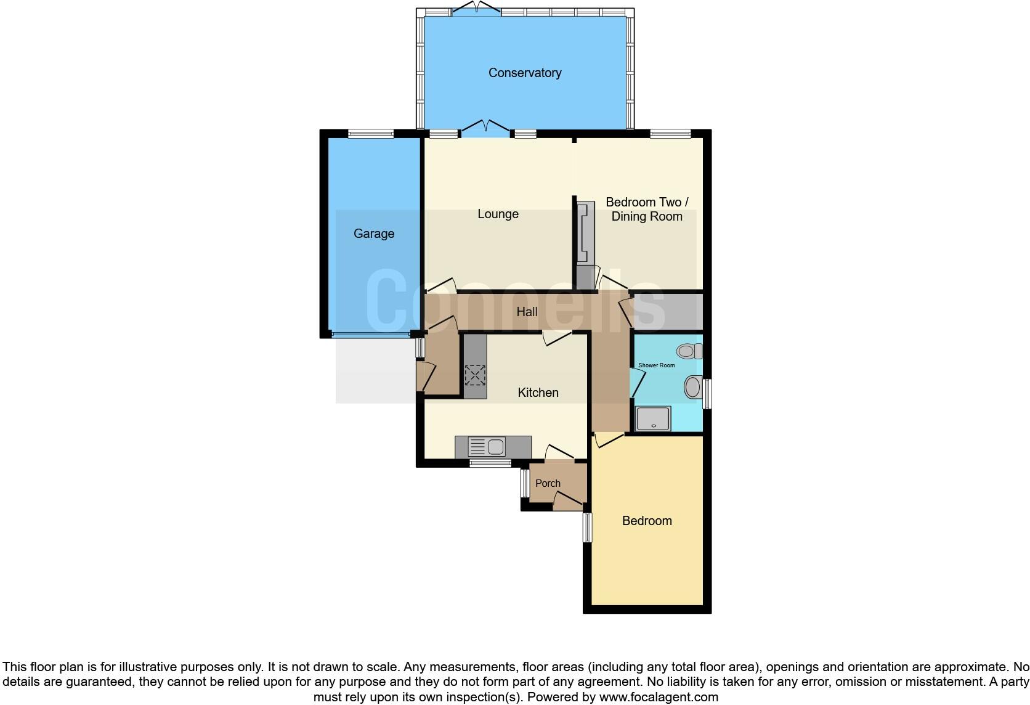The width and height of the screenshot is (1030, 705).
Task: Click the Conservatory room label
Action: click(525, 73)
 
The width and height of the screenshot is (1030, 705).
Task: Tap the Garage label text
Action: click(374, 234)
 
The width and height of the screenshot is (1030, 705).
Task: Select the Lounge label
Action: click(498, 214)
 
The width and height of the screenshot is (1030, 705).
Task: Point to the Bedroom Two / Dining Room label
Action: click(647, 209)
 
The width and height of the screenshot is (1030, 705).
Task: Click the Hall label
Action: click(527, 312)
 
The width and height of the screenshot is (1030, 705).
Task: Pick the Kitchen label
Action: click(538, 393)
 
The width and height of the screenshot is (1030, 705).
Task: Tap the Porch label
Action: click(548, 483)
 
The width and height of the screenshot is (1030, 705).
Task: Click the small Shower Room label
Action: click(656, 365)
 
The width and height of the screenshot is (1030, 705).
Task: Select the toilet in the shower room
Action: click(689, 351)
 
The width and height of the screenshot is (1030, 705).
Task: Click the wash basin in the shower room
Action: click(693, 388)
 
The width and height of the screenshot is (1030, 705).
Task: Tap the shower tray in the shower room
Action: click(653, 419)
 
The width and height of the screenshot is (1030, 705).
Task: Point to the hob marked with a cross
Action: click(475, 375)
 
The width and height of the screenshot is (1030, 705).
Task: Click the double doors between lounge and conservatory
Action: click(487, 128)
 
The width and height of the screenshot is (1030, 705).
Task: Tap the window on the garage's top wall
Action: click(371, 133)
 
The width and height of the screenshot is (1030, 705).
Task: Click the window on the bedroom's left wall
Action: click(588, 528)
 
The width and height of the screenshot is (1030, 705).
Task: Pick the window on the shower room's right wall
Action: click(708, 394)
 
